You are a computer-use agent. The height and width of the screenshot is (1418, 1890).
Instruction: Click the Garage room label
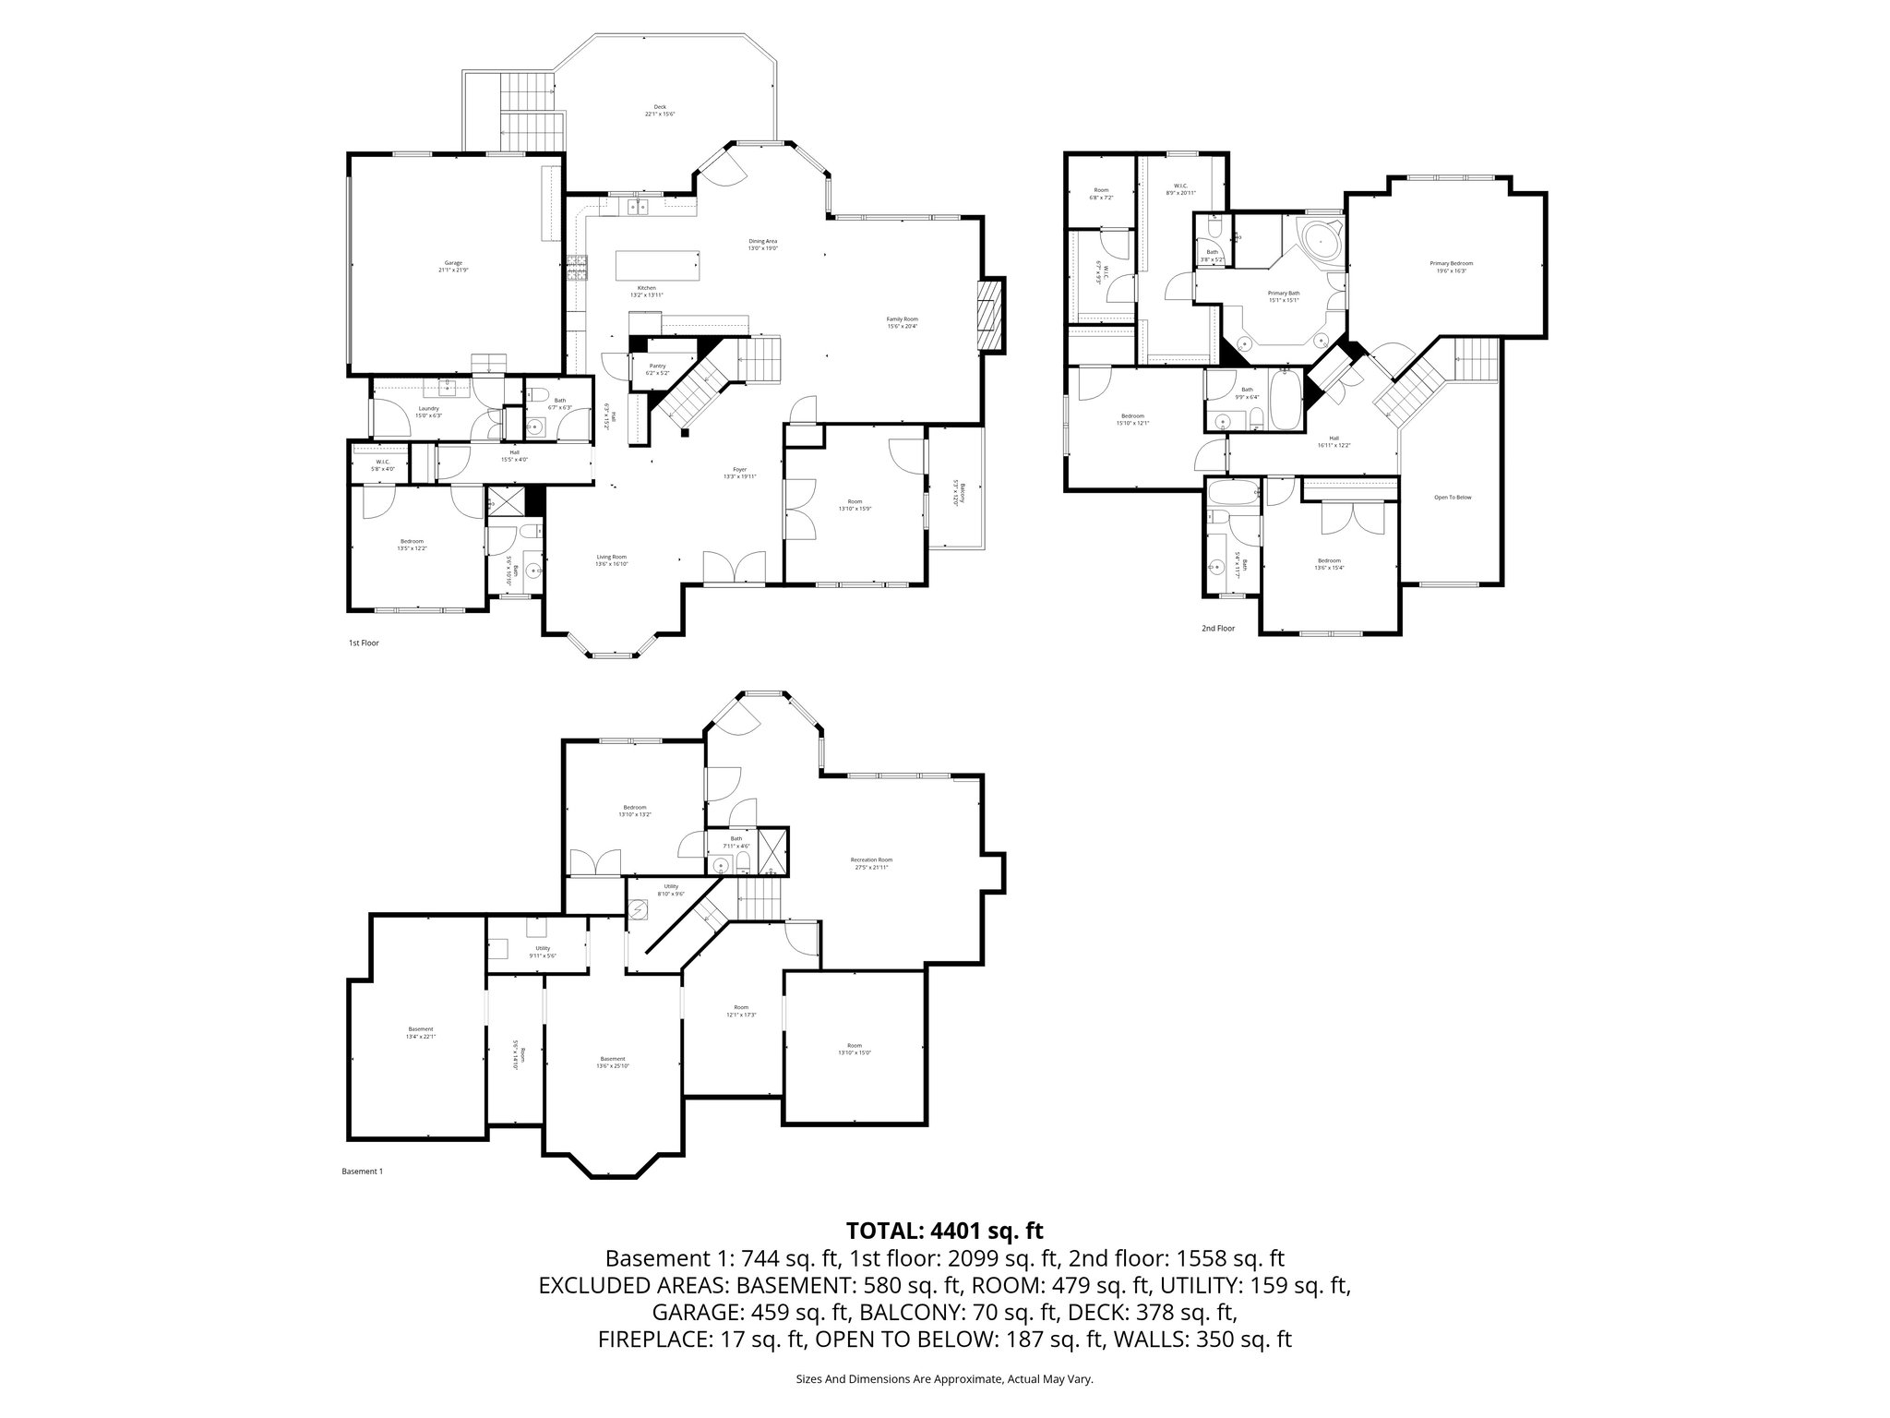point(452,266)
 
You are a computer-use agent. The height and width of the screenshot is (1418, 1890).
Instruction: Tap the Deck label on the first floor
point(660,110)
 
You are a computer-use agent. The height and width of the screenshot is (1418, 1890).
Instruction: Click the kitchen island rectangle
point(657,265)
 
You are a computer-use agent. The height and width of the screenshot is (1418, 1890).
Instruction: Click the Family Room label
point(902,321)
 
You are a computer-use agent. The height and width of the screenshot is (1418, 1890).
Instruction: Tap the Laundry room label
point(429,411)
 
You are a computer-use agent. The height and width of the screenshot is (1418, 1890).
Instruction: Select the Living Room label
point(611,559)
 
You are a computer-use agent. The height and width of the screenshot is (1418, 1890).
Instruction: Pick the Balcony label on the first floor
point(959,493)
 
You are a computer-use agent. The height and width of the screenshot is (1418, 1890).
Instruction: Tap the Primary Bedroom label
point(1451,266)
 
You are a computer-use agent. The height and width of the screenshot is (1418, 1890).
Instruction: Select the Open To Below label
point(1452,498)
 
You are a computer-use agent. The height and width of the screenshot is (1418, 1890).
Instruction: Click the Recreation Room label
point(871,862)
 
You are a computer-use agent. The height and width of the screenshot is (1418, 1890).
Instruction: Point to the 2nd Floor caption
point(1217,629)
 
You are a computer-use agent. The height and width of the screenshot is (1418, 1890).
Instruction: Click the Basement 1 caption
point(362,1172)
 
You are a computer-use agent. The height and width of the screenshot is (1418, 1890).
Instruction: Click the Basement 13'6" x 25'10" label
point(613,1062)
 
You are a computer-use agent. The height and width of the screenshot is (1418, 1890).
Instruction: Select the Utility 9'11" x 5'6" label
point(542,951)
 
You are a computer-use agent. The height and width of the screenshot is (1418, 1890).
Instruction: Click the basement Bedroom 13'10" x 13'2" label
point(634,811)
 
